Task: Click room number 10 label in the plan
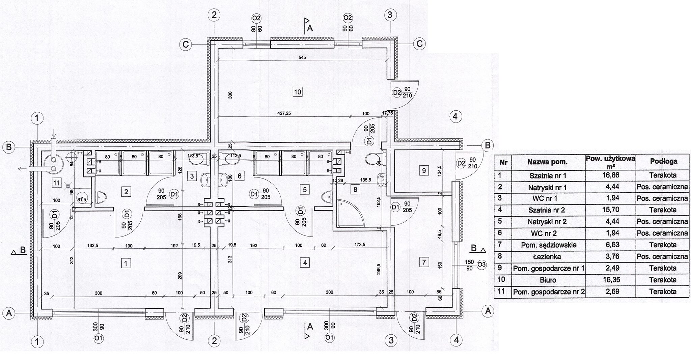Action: pos(297,91)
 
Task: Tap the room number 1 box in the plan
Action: pos(126,263)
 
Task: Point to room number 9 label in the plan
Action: pos(423,171)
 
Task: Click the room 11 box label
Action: pos(57,183)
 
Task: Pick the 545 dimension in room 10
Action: pos(302,57)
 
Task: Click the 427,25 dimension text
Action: pos(283,114)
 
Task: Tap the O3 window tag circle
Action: pos(481,265)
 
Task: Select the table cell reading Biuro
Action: pos(548,280)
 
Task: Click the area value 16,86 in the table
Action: pos(610,175)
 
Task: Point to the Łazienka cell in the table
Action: pos(548,256)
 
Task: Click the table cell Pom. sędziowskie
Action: pos(548,245)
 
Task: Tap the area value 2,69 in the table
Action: pos(610,292)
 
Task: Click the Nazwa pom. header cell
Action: pos(548,162)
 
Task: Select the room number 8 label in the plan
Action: pos(355,189)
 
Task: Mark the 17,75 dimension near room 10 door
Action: pos(387,113)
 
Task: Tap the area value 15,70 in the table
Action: pos(610,210)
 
